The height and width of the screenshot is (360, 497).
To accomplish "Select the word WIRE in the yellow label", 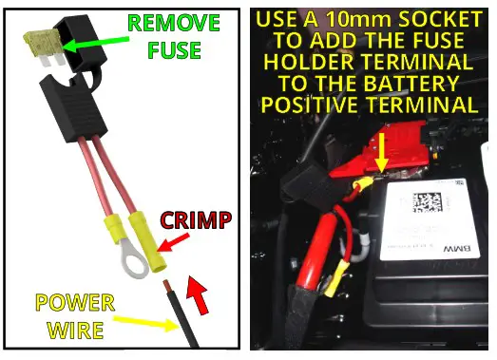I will pyautogui.click(x=76, y=332).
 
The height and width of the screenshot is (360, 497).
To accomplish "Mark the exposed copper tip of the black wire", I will pyautogui.click(x=167, y=286).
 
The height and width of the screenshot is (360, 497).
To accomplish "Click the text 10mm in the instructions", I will pyautogui.click(x=364, y=17).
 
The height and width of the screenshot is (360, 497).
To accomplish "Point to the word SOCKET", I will pyautogui.click(x=438, y=17).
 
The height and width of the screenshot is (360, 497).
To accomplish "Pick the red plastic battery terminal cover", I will pyautogui.click(x=367, y=171).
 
